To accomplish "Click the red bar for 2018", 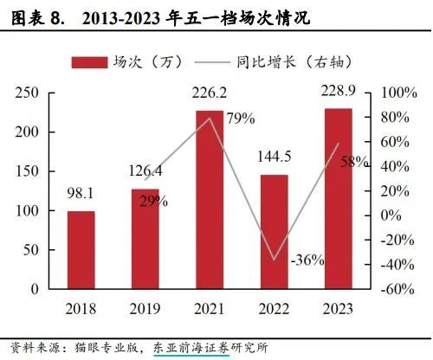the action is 81,250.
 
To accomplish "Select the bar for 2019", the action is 145,239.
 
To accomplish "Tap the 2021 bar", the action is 210,200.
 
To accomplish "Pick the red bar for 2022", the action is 275,232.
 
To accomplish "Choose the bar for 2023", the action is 339,199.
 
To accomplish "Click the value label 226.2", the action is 210,93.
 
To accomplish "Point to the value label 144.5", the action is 274,157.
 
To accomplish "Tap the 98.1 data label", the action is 81,193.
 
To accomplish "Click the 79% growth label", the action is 241,119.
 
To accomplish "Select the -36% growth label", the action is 307,260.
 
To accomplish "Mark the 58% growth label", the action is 354,162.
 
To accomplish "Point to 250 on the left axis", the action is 27,93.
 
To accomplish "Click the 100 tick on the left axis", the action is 27,211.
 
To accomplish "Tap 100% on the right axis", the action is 399,93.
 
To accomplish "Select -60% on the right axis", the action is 397,289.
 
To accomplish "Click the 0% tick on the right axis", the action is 391,215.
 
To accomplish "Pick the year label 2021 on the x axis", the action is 210,309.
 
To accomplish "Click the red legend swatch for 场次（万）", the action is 89,62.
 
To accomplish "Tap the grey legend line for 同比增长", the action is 212,62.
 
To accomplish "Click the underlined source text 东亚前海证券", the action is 191,348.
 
